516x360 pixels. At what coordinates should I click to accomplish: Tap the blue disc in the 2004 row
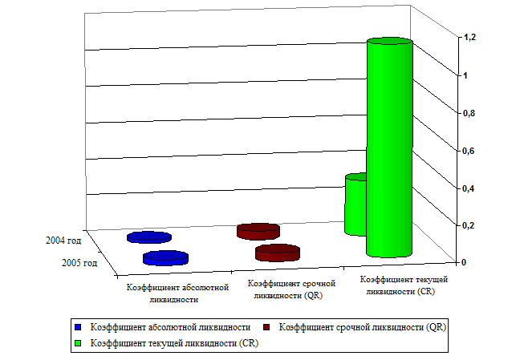148,237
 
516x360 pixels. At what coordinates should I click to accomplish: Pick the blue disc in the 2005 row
165,258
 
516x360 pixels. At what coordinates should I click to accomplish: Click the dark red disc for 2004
258,232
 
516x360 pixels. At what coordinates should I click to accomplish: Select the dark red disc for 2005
277,253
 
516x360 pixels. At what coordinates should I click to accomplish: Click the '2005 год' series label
79,262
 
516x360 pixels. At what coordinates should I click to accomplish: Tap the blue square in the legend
77,328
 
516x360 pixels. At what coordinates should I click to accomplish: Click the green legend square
77,342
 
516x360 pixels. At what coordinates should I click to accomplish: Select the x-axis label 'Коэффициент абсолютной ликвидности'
173,293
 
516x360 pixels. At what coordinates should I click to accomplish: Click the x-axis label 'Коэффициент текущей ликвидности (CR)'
403,285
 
